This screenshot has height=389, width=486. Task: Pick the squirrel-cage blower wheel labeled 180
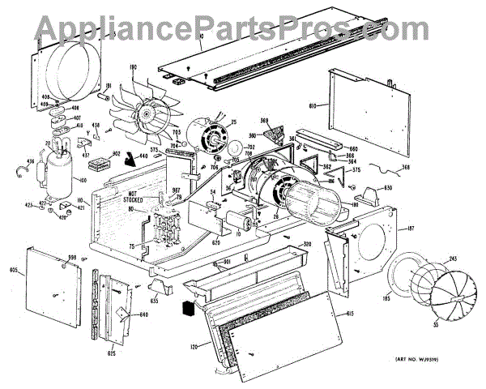pos(317,198)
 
